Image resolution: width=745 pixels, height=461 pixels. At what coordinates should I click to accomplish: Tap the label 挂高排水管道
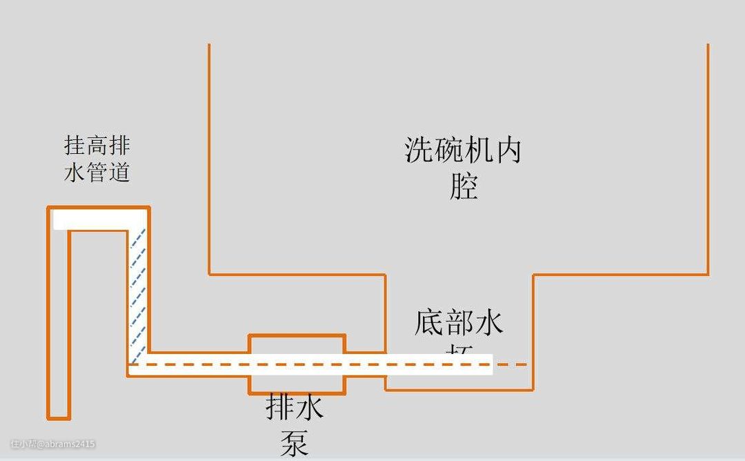(x=97, y=159)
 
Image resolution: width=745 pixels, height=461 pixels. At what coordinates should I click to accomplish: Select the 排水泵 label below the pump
(x=295, y=424)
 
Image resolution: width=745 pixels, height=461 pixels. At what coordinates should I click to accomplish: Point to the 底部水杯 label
(x=459, y=331)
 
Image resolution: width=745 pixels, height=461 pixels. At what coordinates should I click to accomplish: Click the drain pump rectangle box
(x=297, y=364)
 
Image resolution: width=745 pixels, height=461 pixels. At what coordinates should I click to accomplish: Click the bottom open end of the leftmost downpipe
(x=59, y=416)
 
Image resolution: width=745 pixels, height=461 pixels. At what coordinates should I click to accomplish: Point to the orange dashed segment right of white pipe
(x=510, y=364)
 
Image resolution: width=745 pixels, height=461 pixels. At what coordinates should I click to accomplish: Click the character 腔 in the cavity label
(x=464, y=186)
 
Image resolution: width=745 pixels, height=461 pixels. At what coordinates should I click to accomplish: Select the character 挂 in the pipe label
(x=75, y=146)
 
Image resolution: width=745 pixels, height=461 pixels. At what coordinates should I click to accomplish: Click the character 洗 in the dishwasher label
(x=419, y=150)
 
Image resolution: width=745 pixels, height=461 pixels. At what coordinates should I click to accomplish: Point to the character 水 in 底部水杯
(x=488, y=322)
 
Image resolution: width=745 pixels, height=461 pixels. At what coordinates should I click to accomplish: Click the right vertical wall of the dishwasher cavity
(x=708, y=159)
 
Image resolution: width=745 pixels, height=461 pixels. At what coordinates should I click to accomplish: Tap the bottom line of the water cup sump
(x=459, y=390)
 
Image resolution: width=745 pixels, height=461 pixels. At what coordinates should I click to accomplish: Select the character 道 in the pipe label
(x=119, y=171)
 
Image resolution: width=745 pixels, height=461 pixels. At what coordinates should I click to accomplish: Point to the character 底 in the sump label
(x=429, y=322)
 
